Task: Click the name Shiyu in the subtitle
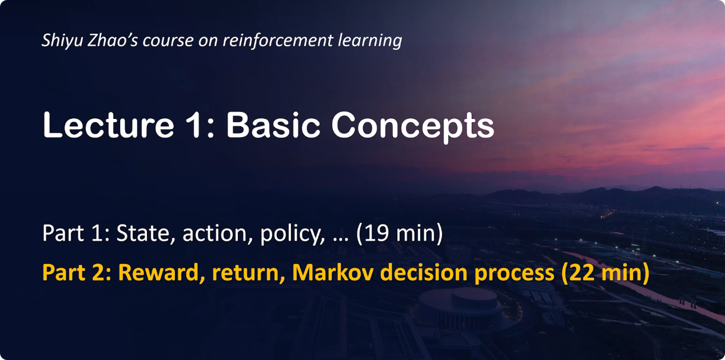point(62,41)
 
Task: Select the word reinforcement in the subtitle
point(278,40)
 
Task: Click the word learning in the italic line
point(369,41)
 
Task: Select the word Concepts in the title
point(413,126)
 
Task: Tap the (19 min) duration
point(399,233)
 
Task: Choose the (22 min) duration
point(605,273)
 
